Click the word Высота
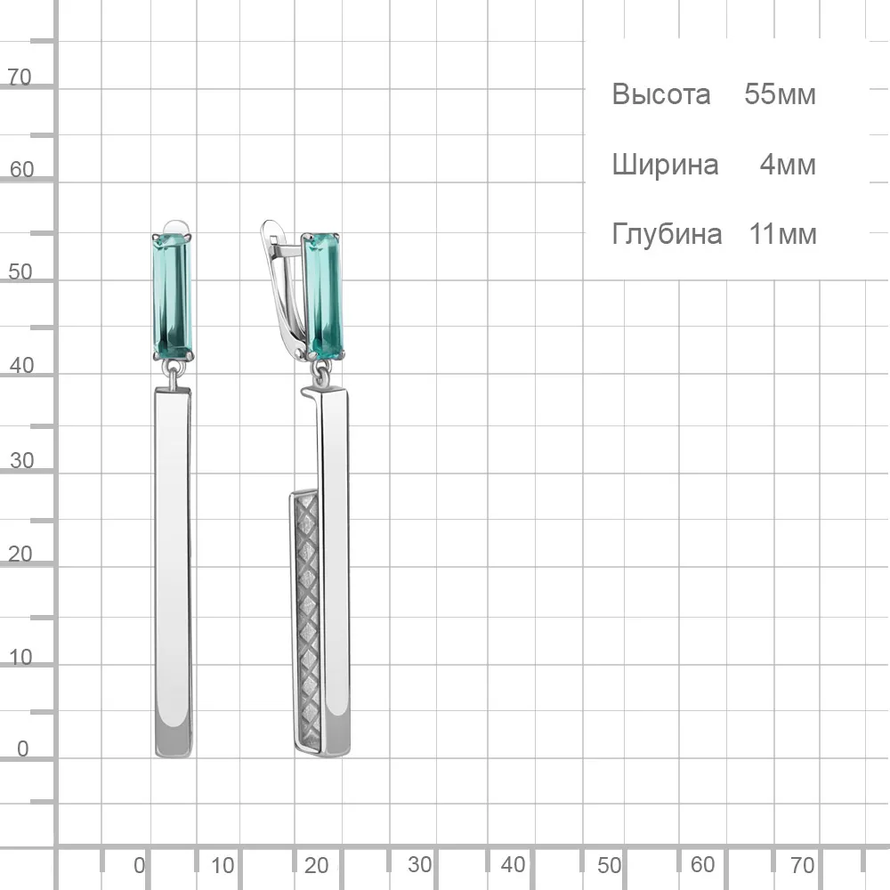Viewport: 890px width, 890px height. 660,94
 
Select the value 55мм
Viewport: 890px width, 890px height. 780,94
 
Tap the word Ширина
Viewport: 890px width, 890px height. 665,166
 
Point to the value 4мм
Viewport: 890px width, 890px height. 788,165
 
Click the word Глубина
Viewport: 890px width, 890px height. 667,234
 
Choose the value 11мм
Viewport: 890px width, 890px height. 782,234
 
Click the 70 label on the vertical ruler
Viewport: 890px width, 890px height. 20,77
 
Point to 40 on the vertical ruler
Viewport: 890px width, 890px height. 21,366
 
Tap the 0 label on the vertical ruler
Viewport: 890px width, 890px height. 23,748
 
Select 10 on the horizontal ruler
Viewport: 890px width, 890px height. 222,866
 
